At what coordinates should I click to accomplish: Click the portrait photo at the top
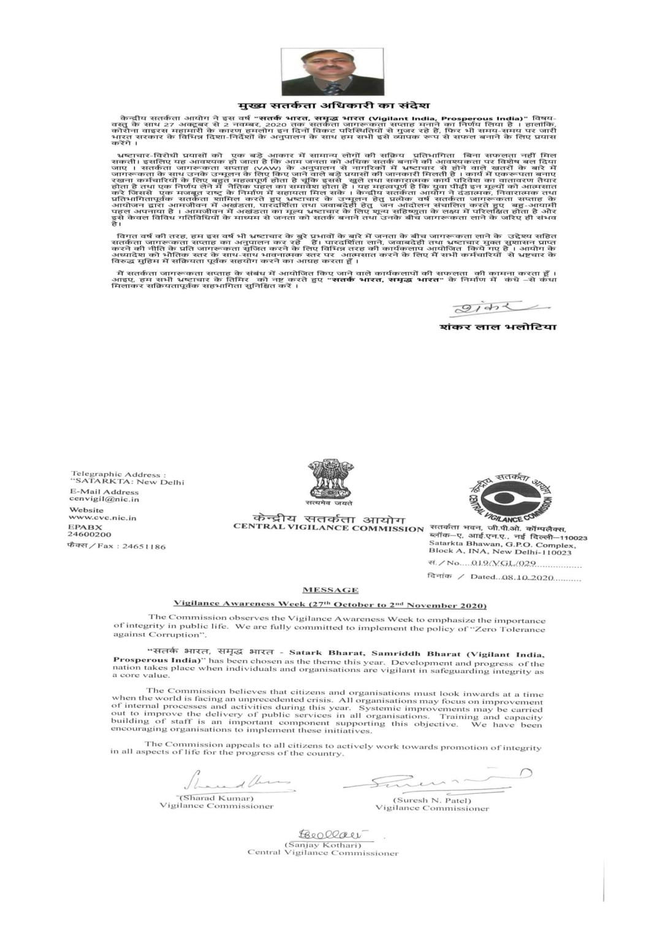point(332,72)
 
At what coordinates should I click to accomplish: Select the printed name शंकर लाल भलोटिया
point(498,327)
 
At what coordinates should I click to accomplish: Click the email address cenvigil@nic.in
point(104,499)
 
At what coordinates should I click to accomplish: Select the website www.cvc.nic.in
point(102,518)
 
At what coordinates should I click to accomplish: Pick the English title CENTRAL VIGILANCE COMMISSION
point(328,528)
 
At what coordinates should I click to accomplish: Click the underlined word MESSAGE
point(330,590)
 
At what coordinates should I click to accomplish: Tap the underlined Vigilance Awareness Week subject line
point(330,605)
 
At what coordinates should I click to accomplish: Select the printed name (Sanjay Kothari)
point(322,845)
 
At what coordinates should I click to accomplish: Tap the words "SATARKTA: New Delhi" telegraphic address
point(127,481)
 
